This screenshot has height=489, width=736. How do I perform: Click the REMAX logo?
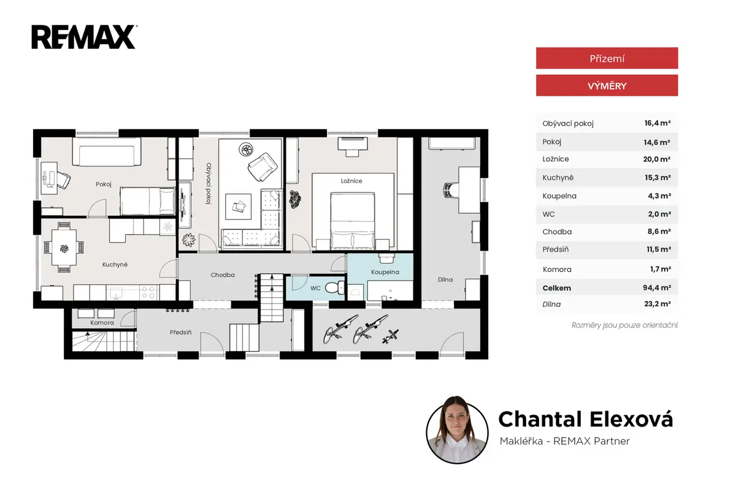point(84,37)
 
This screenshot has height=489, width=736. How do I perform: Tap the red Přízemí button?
point(607,58)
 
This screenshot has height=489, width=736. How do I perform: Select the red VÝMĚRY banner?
point(607,86)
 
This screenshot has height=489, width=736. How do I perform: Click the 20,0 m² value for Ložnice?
point(656,159)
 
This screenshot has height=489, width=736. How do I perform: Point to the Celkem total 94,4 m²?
point(656,288)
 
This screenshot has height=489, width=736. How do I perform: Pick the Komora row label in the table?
point(557,270)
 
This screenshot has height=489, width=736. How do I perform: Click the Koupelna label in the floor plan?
point(385,272)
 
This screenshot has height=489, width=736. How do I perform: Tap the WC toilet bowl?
point(334,288)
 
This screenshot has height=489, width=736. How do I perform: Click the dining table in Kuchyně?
point(64,248)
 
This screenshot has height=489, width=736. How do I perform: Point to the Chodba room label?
point(223,275)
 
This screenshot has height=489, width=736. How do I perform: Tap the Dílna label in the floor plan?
point(445,279)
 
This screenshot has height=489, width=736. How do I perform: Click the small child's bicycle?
point(390,337)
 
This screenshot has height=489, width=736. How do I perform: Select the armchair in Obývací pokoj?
point(263,167)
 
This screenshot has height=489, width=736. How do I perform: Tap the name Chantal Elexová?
point(586,419)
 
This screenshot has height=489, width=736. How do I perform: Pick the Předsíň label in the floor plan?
point(181,332)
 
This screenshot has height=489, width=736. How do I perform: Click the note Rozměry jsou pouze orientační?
point(624,325)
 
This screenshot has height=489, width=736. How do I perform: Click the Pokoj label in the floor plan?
point(104,184)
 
